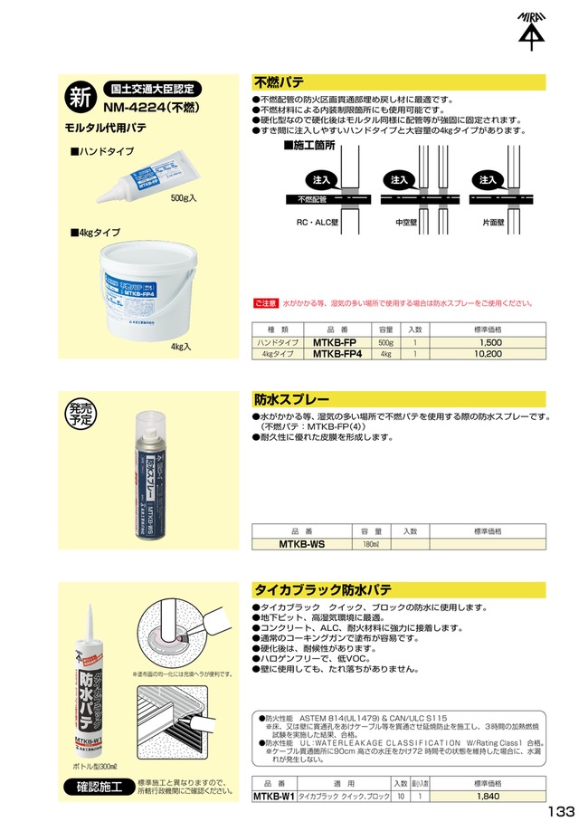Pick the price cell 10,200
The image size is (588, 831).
(x=488, y=355)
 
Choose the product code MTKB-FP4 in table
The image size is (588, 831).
(x=337, y=355)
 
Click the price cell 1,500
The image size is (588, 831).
(x=488, y=343)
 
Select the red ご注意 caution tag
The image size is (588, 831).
(x=265, y=303)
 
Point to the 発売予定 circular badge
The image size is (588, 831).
(x=80, y=414)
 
